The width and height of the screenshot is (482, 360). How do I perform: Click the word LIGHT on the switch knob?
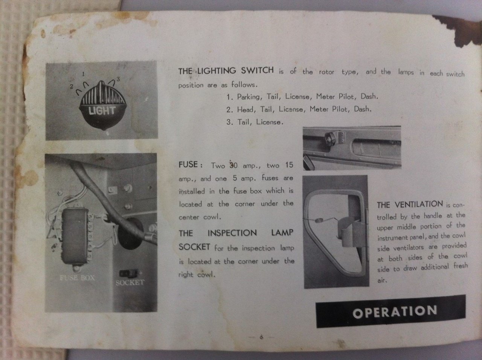click(x=102, y=111)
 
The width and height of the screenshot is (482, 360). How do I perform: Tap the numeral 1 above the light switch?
click(x=83, y=74)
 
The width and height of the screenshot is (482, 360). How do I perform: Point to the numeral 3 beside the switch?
click(x=118, y=79)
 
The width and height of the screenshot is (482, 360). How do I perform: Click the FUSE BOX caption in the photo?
click(x=77, y=278)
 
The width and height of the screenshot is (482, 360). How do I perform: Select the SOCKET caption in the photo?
click(x=130, y=282)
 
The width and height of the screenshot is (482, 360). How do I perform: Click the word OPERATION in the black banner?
click(x=395, y=312)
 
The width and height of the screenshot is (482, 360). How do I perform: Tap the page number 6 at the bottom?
click(x=261, y=337)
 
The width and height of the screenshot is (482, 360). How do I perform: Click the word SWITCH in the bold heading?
click(x=257, y=70)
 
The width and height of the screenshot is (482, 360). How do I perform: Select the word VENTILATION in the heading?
click(x=419, y=204)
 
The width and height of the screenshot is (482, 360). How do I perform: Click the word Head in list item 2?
click(x=246, y=110)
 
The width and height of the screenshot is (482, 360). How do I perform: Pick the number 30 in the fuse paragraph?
click(x=233, y=165)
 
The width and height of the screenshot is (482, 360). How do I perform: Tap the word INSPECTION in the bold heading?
click(x=232, y=233)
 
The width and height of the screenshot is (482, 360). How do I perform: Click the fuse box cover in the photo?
click(x=75, y=236)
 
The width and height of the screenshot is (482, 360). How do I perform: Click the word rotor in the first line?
click(x=326, y=72)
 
